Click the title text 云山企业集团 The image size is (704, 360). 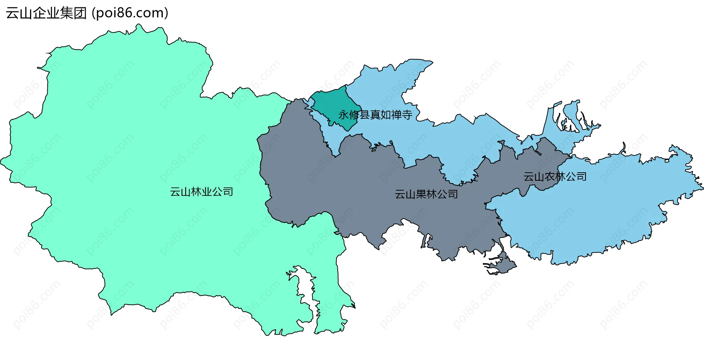[46, 13]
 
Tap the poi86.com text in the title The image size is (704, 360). [130, 13]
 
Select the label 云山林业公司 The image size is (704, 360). [201, 192]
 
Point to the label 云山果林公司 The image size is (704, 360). [426, 194]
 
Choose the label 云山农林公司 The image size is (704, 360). [555, 177]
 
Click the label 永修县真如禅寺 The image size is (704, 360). [375, 115]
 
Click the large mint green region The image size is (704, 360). [128, 154]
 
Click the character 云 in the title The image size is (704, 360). [12, 13]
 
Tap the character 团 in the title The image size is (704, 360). [80, 13]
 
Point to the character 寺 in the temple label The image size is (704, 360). [407, 115]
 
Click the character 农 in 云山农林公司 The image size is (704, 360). [550, 177]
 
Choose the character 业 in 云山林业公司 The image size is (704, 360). [207, 192]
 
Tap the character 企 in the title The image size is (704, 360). [40, 13]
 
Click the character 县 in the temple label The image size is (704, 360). [364, 115]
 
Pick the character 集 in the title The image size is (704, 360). [67, 13]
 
